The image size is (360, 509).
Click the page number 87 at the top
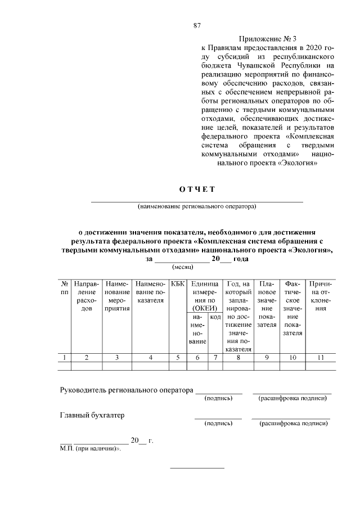pyautogui.click(x=197, y=25)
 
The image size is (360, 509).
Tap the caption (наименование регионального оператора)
pyautogui.click(x=197, y=206)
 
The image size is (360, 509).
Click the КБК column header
pyautogui.click(x=177, y=285)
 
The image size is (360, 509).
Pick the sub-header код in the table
pyautogui.click(x=215, y=317)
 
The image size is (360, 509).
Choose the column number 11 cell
pyautogui.click(x=321, y=357)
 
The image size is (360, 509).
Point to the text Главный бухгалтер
pyautogui.click(x=92, y=416)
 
